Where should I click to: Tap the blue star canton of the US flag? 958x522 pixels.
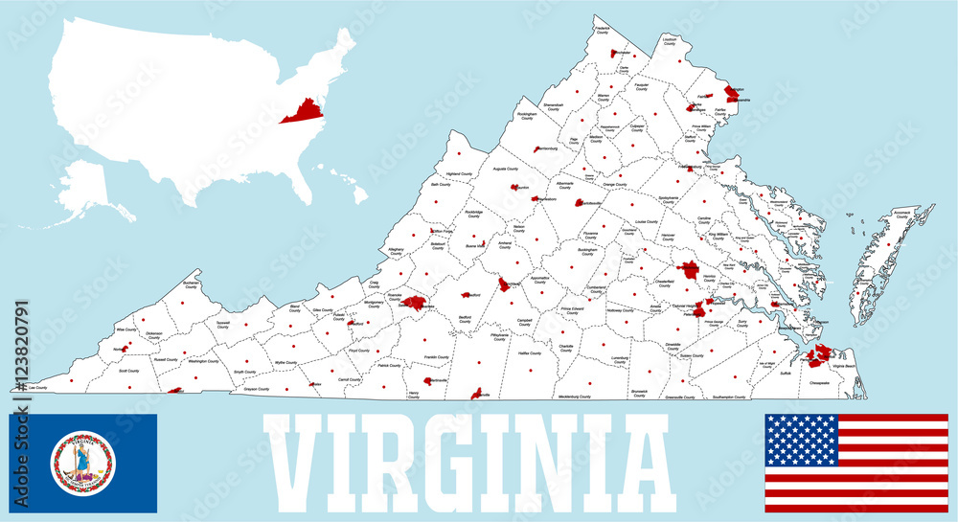pyautogui.click(x=801, y=440)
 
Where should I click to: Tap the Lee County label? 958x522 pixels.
pyautogui.click(x=37, y=387)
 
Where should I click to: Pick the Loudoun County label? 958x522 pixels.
pyautogui.click(x=669, y=41)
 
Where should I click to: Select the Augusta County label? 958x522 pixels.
pyautogui.click(x=505, y=170)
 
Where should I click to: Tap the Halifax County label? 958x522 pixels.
pyautogui.click(x=530, y=353)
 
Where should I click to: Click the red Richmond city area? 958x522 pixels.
pyautogui.click(x=688, y=269)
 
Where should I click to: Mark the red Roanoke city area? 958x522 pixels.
pyautogui.click(x=414, y=303)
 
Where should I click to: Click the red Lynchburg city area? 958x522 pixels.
pyautogui.click(x=504, y=284)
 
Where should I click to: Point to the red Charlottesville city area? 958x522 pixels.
pyautogui.click(x=581, y=202)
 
